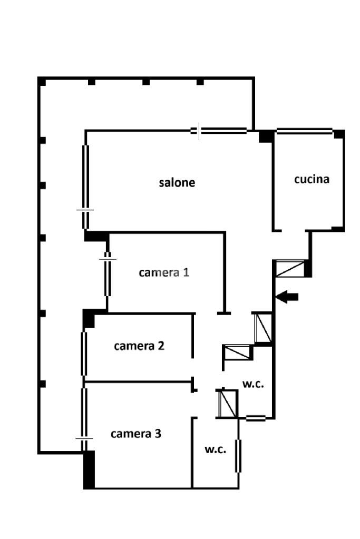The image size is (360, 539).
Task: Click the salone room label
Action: point(177,182)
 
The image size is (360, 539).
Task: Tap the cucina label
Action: point(312,179)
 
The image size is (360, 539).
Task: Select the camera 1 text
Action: point(164,272)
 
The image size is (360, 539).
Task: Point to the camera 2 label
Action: point(139,346)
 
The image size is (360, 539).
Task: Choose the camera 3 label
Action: point(136,434)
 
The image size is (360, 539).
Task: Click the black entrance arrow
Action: point(287,297)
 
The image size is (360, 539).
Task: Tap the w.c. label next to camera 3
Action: point(215,449)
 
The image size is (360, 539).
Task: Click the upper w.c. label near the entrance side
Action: point(253,384)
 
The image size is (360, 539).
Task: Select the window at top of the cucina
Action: point(304,131)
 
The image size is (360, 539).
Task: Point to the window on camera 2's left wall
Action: point(84,353)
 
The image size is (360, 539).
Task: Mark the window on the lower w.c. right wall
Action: point(238,456)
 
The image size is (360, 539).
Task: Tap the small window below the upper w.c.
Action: point(256,418)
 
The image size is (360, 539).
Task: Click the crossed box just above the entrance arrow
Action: point(290,269)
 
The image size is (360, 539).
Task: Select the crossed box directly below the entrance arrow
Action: point(263,327)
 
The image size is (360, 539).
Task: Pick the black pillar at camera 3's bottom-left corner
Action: point(89,469)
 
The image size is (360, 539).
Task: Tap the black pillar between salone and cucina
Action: point(266,136)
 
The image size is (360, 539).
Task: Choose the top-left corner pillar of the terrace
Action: point(42,82)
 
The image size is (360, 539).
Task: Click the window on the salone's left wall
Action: point(85,187)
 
